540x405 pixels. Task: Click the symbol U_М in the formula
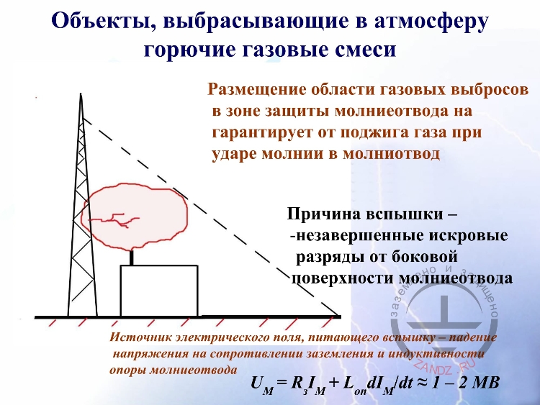tap(260, 383)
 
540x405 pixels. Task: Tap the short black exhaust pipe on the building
tap(131, 258)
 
